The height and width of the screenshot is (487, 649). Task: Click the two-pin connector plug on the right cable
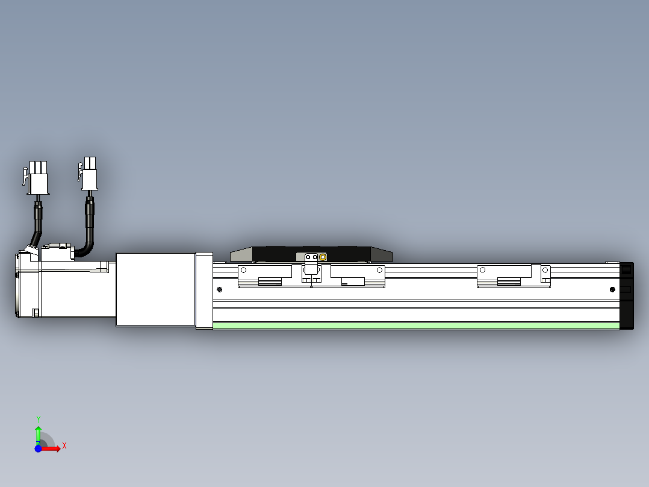90,174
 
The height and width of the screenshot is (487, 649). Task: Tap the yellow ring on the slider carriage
323,257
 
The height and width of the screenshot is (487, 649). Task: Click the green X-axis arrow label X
64,446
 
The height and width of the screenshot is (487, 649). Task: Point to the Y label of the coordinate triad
38,419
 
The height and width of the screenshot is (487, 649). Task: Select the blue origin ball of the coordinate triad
38,448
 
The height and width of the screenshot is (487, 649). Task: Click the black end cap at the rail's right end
627,295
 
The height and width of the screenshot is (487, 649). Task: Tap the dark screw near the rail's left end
219,290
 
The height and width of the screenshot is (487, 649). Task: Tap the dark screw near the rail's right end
613,290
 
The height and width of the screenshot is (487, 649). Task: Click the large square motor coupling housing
155,289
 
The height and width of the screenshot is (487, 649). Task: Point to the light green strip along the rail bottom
415,326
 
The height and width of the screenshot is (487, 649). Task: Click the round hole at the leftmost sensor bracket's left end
244,270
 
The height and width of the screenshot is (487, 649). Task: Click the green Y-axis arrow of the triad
38,434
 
